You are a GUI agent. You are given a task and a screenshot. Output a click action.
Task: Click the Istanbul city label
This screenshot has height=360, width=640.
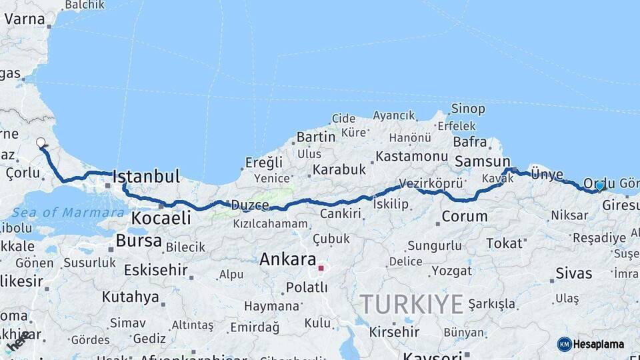coord(147,177)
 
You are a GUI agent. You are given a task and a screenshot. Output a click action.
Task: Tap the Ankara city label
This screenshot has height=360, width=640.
coord(288,259)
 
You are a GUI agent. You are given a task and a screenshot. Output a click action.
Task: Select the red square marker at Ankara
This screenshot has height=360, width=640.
coord(321,269)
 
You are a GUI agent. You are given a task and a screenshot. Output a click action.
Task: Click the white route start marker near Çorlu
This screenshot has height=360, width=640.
coord(41,143)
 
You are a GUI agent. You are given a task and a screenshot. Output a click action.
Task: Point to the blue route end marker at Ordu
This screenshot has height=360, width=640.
coord(599,186)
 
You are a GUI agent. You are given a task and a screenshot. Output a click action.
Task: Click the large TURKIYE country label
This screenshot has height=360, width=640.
coord(412,305)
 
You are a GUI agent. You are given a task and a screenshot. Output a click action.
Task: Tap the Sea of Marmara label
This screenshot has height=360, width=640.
coord(68,213)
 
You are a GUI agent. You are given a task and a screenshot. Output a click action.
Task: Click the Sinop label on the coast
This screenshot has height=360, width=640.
coord(468,109)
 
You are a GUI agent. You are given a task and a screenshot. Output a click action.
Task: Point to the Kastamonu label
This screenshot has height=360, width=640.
coord(411,157)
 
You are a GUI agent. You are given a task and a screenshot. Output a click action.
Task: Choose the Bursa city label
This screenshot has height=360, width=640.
coord(139,241)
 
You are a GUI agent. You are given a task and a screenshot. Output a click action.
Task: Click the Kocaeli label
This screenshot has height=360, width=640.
coord(161,218)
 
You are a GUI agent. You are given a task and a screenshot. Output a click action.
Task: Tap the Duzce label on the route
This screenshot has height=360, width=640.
coord(250,206)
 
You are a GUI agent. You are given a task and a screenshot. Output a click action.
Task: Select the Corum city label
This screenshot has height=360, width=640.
coord(464,217)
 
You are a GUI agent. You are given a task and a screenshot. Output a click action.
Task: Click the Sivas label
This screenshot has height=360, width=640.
coord(573,273)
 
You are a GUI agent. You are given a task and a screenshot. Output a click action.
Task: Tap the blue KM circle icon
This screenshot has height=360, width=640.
coord(564,345)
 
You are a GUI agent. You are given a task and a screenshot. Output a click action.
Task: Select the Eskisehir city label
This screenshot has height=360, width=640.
coord(155,271)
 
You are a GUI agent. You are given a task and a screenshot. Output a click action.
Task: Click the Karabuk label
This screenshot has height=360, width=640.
coord(339,170)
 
